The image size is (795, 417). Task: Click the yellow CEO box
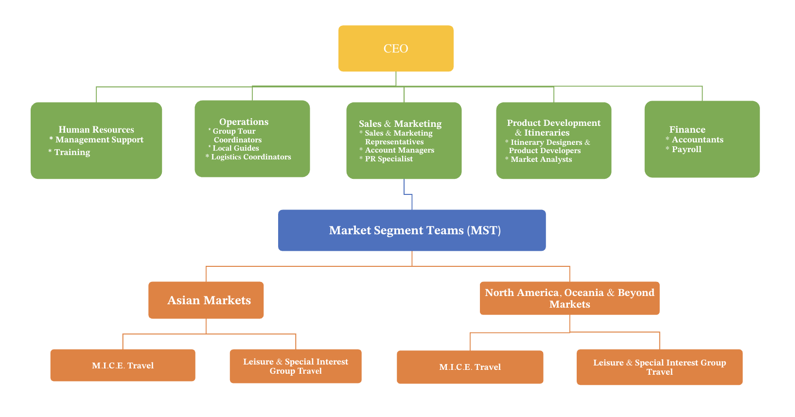(396, 49)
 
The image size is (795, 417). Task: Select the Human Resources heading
(96, 130)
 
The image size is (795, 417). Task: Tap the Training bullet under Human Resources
(72, 153)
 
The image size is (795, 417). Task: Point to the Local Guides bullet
(236, 148)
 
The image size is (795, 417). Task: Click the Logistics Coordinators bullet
(251, 157)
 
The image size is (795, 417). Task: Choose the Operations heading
(244, 122)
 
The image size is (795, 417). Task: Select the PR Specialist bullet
(389, 159)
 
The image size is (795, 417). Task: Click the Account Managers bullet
(399, 150)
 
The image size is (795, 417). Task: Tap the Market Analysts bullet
(541, 159)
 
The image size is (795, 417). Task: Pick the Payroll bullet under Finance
(686, 150)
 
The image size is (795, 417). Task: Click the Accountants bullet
(697, 140)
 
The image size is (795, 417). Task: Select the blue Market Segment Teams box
(412, 230)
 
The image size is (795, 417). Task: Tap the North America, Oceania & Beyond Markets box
(569, 298)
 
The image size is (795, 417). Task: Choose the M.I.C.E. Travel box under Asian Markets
(123, 365)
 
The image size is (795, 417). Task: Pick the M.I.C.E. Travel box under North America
(470, 367)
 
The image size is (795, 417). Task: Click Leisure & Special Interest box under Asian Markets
(296, 366)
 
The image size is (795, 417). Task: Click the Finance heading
(687, 130)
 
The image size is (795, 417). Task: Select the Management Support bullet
(99, 140)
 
